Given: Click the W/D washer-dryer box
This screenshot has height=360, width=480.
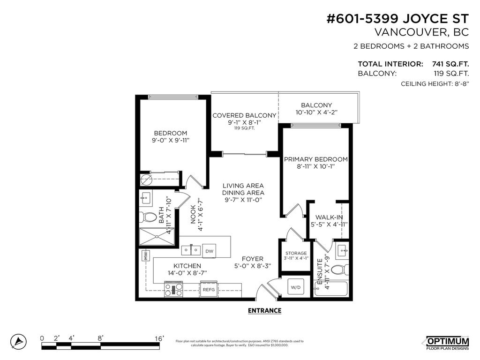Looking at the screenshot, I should tap(296, 286).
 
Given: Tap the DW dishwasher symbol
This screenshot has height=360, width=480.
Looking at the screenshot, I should tap(210, 251).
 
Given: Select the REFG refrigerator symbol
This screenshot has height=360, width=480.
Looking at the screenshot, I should tap(209, 289).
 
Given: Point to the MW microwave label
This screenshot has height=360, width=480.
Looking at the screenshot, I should tap(146, 256).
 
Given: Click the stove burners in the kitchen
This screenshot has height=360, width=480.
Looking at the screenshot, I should tap(173, 289).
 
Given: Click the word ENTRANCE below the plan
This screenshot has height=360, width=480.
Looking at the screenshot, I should tap(264, 310).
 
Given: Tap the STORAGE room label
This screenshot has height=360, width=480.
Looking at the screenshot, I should tap(296, 253).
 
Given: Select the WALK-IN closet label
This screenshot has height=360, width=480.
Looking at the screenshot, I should tap(329, 217).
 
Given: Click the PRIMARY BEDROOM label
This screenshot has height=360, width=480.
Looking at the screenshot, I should tap(316, 159).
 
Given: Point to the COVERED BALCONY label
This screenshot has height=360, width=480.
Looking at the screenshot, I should tap(244, 115).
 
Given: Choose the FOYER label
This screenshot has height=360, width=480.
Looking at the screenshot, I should tap(252, 259).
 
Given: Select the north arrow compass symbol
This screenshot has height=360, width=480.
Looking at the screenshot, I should tap(18, 341).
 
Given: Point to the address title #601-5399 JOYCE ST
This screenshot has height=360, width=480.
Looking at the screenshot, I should tap(397, 19).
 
